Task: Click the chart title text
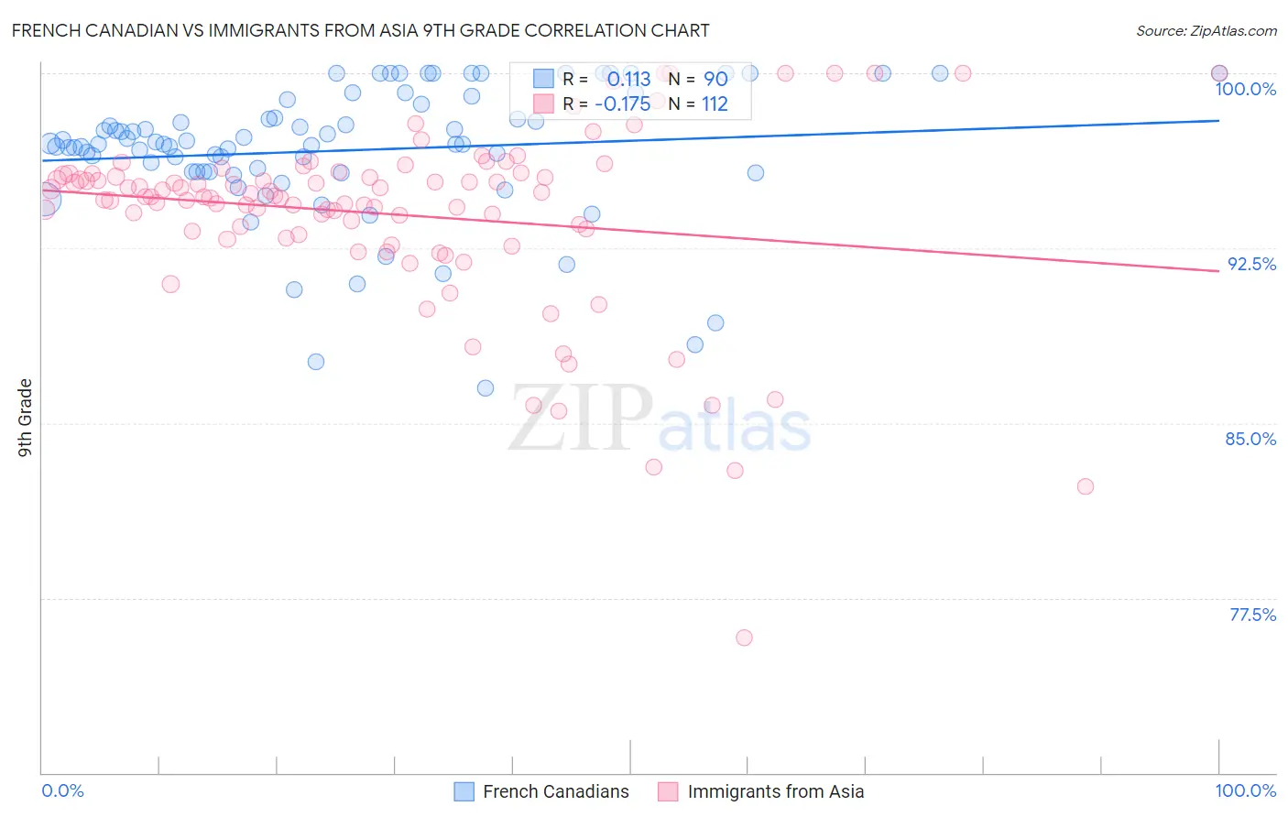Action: pos(360,30)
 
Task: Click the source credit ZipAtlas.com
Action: pos(1206,30)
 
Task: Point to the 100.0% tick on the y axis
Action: pos(1245,89)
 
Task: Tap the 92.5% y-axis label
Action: pos(1251,264)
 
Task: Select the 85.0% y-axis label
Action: pos(1250,439)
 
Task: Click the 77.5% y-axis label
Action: pos(1252,615)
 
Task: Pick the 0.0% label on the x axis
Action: pos(63,790)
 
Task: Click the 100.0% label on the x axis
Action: pos(1245,790)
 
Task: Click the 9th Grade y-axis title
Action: pos(25,418)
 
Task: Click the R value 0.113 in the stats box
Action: pos(628,79)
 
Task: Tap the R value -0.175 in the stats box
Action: pos(622,103)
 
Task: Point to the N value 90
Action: pos(715,79)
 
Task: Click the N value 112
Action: pos(715,103)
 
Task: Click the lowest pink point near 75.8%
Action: pos(744,637)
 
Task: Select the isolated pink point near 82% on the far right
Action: pos(1086,486)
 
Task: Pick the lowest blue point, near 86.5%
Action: pos(486,388)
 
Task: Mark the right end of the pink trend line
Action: pos(1218,271)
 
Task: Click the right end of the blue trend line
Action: pos(1218,120)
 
